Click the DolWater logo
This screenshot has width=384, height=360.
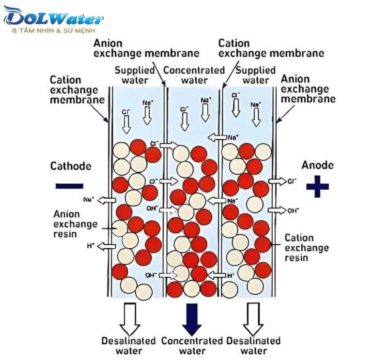tap(53, 18)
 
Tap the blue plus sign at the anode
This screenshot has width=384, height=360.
tap(317, 186)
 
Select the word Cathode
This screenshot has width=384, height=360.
tap(71, 166)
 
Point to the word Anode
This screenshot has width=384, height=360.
tap(317, 165)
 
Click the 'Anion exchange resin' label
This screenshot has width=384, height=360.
tap(75, 224)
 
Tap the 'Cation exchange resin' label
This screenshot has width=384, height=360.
tap(306, 248)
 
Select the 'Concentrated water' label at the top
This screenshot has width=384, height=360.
tap(194, 75)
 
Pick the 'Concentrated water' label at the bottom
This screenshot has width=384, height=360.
tap(192, 346)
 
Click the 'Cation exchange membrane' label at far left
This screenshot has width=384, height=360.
tap(77, 90)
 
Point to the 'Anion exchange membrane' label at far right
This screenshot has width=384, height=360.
tap(308, 89)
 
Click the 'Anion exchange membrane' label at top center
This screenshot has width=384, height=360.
tap(146, 48)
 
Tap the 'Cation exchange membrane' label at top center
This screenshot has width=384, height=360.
tap(271, 48)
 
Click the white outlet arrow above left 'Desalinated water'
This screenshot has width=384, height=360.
tap(129, 319)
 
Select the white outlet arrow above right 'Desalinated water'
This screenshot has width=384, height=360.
tap(253, 319)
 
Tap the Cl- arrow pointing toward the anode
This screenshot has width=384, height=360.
tap(277, 181)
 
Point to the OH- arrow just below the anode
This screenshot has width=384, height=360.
tap(277, 210)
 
